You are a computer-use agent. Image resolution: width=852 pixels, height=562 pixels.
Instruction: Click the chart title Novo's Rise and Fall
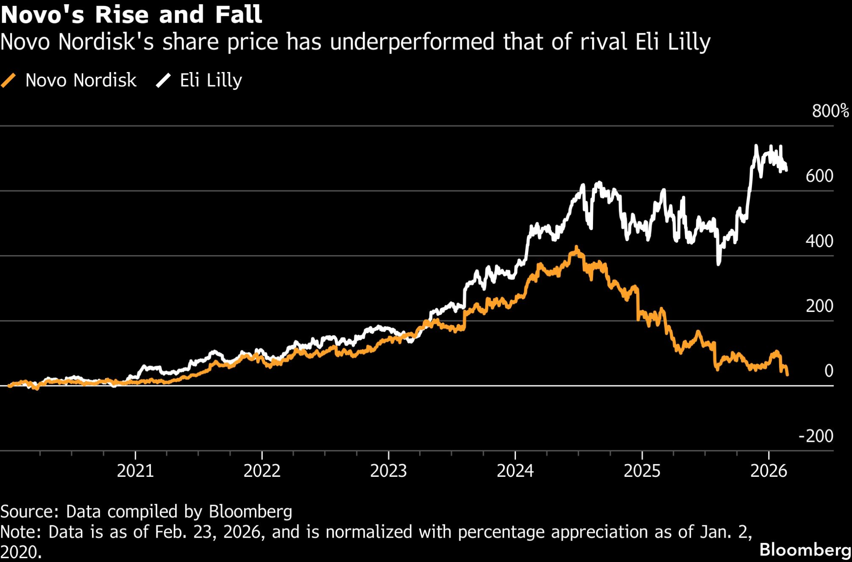tap(131, 14)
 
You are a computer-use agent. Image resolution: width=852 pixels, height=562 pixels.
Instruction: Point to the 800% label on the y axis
tap(830, 111)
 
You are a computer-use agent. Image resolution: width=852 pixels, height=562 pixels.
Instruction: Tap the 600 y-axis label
tap(819, 176)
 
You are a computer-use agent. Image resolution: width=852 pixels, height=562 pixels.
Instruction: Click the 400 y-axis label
tap(819, 241)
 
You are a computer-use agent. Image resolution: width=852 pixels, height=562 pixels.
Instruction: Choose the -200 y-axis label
tap(815, 436)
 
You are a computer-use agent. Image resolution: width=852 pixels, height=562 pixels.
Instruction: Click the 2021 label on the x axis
tap(135, 471)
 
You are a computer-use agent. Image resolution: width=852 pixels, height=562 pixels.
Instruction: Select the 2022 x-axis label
tap(262, 471)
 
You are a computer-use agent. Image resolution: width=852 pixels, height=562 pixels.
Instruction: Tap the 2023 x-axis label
tap(389, 471)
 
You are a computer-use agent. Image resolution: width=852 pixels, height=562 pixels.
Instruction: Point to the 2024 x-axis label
tap(515, 471)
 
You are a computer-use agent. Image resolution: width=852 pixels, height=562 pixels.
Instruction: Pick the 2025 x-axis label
tap(642, 471)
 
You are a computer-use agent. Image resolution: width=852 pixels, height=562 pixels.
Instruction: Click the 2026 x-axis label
tap(769, 471)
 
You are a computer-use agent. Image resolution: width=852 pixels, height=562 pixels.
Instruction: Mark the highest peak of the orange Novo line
tap(576, 247)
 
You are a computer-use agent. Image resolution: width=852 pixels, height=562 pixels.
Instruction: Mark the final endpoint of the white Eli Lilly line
tap(786, 170)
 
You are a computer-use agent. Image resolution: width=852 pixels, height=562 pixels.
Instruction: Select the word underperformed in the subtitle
tap(412, 42)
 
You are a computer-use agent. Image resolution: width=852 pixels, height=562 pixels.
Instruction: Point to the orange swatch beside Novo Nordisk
tap(9, 80)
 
